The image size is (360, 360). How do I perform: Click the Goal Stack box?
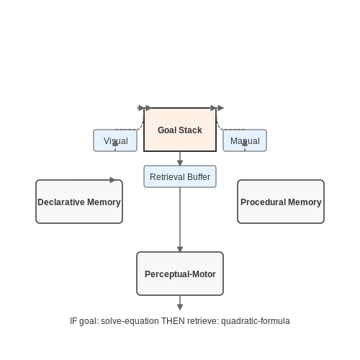tap(180, 130)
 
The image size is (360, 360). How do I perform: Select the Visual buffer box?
tap(115, 140)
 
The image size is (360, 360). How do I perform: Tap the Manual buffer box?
tap(245, 140)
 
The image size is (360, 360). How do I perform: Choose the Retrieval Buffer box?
tap(180, 176)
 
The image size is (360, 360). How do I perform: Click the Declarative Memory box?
tap(79, 202)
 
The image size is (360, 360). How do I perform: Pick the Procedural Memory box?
tap(281, 202)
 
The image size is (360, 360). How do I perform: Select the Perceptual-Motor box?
tap(180, 274)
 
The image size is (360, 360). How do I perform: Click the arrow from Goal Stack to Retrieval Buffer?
tap(180, 158)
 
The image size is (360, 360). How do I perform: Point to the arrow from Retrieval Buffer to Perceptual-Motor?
tap(180, 220)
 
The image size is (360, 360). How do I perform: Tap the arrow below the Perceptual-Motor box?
tap(180, 302)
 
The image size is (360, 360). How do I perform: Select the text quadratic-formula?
tap(256, 321)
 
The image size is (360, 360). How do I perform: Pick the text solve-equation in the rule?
tap(130, 321)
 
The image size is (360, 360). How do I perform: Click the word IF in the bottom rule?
tap(73, 321)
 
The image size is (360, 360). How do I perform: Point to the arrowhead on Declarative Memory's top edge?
tap(112, 180)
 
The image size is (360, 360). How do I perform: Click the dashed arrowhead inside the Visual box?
tap(115, 143)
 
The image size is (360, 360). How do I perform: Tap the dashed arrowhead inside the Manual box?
tap(245, 143)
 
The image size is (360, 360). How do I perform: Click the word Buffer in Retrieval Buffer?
tap(199, 177)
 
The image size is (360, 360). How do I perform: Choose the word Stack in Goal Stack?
tap(191, 130)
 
